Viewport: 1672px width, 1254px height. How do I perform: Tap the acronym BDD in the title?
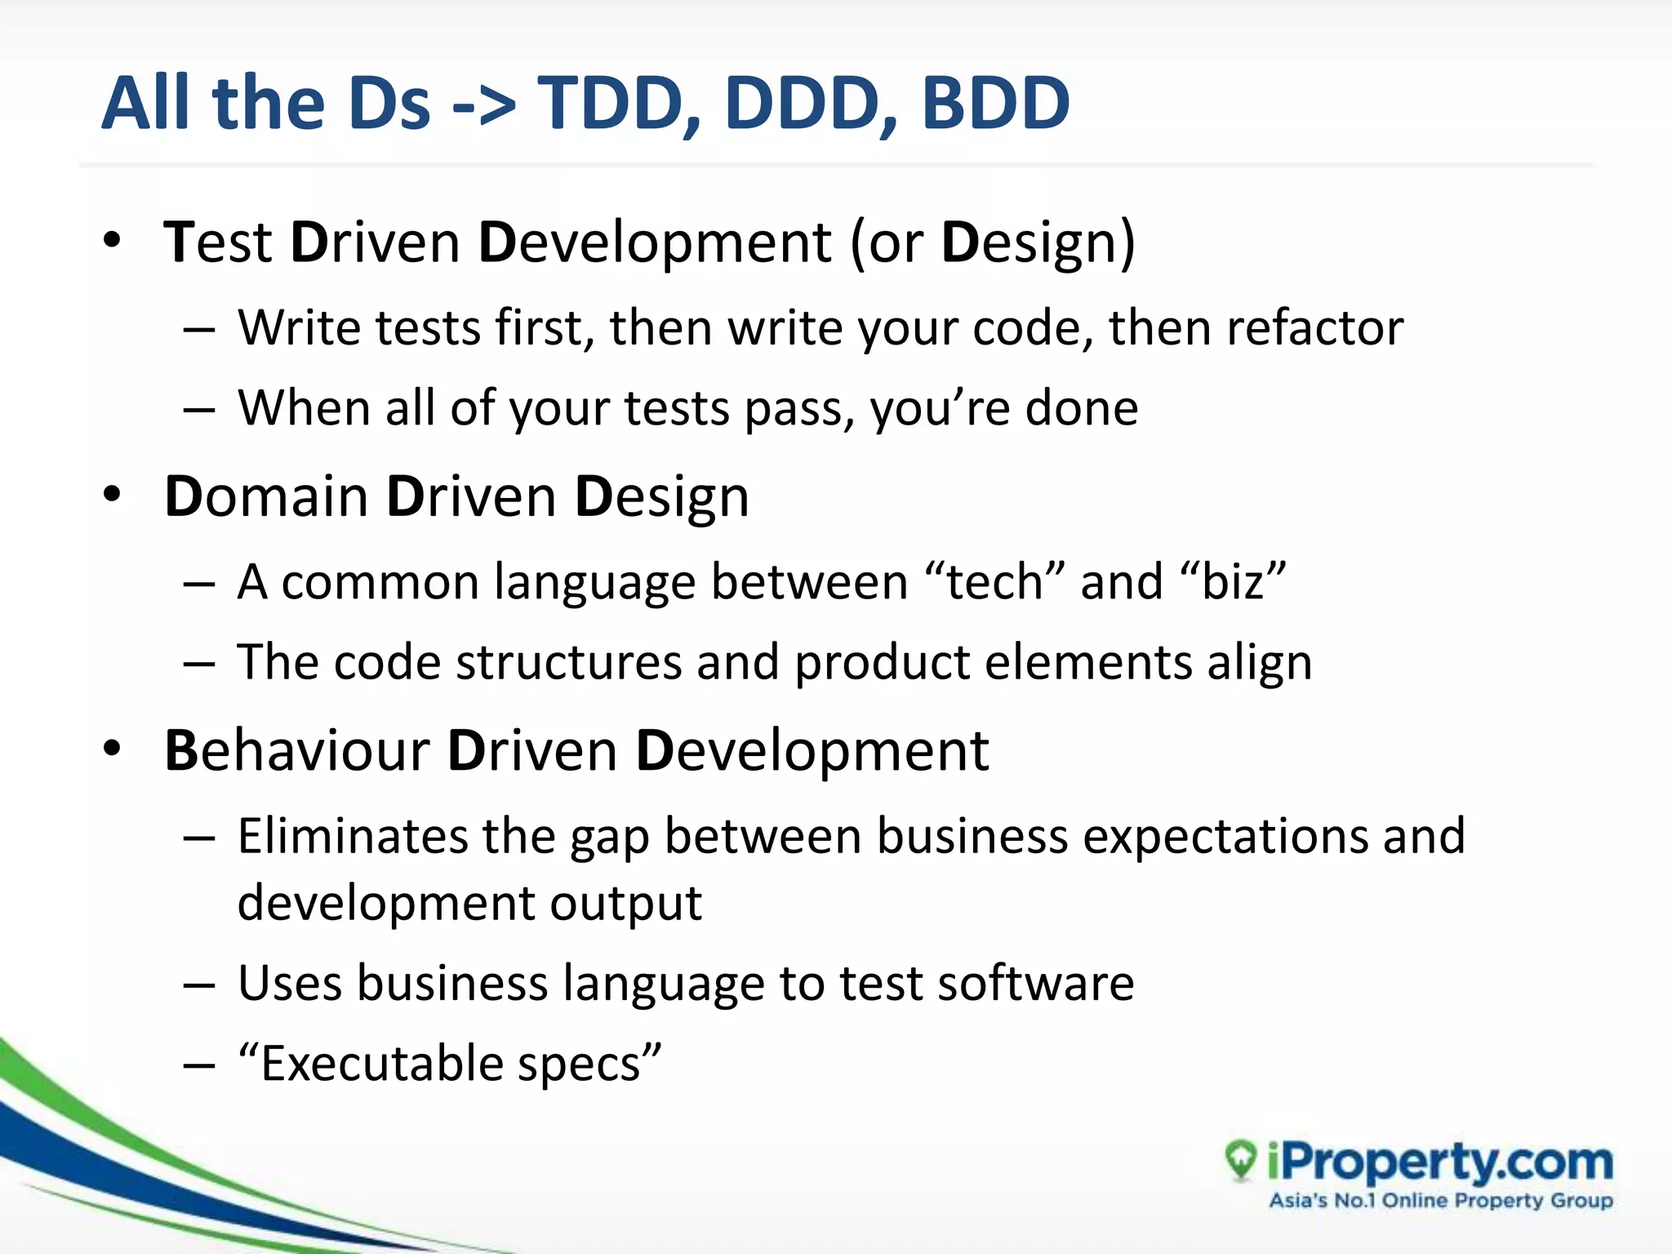(x=995, y=104)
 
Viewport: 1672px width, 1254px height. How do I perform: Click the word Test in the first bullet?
(x=217, y=242)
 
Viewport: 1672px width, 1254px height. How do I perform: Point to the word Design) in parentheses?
(x=1038, y=244)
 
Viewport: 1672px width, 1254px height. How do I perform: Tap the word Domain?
(x=266, y=497)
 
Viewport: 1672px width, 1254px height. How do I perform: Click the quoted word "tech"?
(x=995, y=582)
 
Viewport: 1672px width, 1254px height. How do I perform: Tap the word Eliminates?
(x=352, y=837)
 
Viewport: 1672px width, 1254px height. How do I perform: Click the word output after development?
(x=625, y=904)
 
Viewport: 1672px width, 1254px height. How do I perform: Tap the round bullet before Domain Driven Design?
(x=113, y=496)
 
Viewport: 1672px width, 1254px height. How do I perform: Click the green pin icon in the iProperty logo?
(x=1241, y=1160)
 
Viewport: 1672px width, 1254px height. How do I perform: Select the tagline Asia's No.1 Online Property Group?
(x=1441, y=1201)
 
